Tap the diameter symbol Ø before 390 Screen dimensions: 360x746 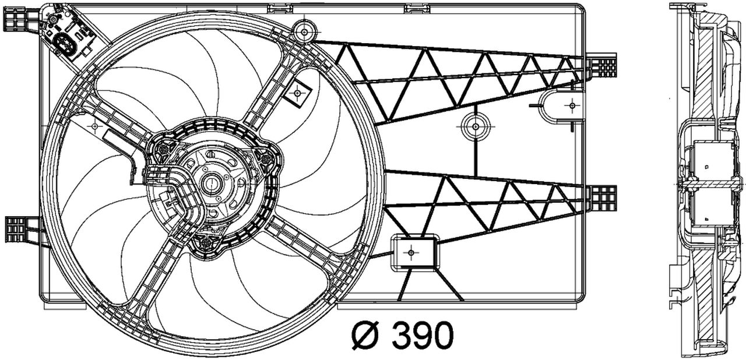(x=366, y=335)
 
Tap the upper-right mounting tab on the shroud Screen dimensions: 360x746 (x=602, y=65)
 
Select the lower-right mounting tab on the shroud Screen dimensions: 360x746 (x=602, y=198)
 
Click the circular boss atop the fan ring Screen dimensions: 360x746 (x=303, y=30)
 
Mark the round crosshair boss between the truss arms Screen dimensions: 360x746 (x=475, y=126)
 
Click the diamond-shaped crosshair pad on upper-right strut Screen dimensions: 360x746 (x=298, y=93)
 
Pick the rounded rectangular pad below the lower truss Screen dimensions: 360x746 (x=413, y=252)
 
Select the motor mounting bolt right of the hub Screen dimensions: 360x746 (x=267, y=157)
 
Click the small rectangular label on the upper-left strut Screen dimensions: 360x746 (x=116, y=139)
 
